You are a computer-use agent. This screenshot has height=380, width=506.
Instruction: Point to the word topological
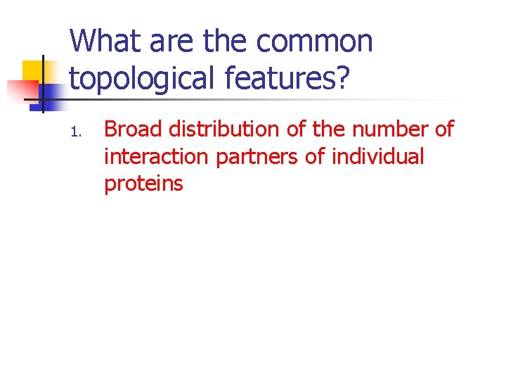click(x=143, y=80)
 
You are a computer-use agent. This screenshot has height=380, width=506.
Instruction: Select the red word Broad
click(x=134, y=129)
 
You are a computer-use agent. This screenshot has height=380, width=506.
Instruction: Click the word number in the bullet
click(x=379, y=129)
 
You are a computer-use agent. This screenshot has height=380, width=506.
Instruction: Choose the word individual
click(x=378, y=156)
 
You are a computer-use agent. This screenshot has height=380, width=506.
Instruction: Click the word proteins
click(x=143, y=184)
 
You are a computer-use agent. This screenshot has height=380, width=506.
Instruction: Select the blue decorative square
click(x=51, y=93)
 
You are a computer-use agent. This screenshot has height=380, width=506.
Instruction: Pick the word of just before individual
click(x=316, y=156)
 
